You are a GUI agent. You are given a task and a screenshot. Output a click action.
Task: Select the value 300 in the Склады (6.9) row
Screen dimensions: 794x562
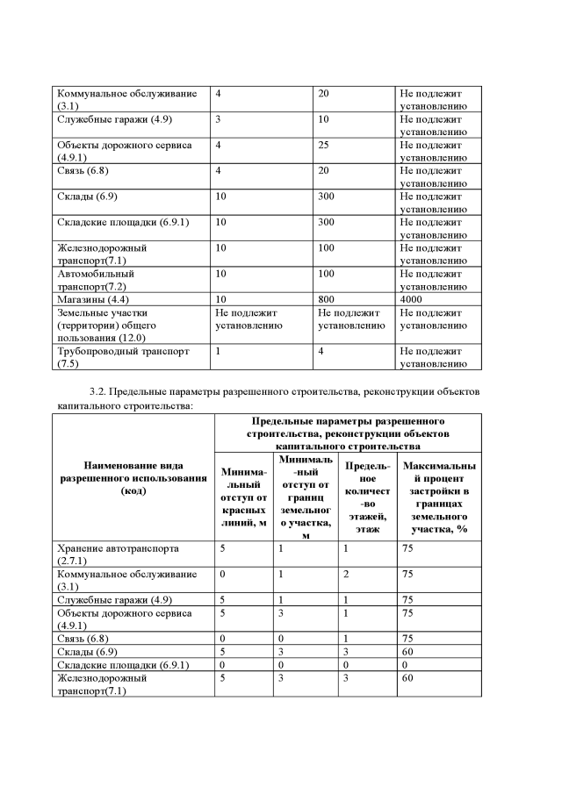(x=326, y=197)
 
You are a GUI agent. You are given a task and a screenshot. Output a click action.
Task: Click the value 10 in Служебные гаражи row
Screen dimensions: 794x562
(x=323, y=118)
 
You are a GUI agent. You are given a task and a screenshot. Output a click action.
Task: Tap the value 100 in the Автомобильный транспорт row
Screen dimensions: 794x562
(x=326, y=274)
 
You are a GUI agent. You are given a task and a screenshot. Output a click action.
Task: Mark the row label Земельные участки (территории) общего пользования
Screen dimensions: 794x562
(x=113, y=325)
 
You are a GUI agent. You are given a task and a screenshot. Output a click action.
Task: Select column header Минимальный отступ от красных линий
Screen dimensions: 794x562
(x=244, y=502)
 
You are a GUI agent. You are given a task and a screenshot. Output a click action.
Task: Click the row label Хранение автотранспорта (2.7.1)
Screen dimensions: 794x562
(x=118, y=554)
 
